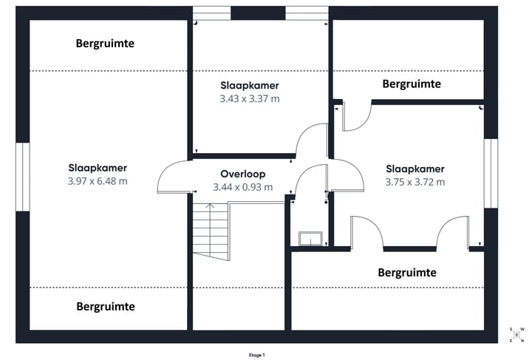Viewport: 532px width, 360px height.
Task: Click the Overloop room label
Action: click(x=242, y=174)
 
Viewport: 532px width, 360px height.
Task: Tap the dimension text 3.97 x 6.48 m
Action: click(x=98, y=181)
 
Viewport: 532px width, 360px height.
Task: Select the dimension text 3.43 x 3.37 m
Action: click(x=250, y=98)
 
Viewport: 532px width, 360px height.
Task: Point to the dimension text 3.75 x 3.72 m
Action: click(x=415, y=181)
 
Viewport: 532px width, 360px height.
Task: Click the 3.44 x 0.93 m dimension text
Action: click(x=242, y=187)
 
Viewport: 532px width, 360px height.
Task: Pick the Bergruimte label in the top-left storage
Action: click(x=106, y=44)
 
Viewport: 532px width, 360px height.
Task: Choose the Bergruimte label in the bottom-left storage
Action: click(x=106, y=306)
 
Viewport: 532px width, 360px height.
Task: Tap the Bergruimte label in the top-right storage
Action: click(x=412, y=84)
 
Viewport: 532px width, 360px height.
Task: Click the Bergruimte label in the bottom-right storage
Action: click(x=407, y=273)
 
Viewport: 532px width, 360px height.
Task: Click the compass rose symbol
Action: click(x=516, y=335)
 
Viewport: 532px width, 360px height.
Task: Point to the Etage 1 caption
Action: click(x=256, y=355)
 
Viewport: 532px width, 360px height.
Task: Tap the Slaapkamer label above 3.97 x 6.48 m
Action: click(x=98, y=168)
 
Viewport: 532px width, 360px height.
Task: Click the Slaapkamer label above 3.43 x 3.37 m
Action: click(x=250, y=86)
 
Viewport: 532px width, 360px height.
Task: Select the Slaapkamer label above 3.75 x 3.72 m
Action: click(x=415, y=168)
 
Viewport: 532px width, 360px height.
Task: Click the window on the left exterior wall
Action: click(x=22, y=176)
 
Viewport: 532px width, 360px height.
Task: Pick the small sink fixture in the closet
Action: click(x=310, y=237)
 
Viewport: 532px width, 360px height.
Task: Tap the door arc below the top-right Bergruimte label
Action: click(x=356, y=117)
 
